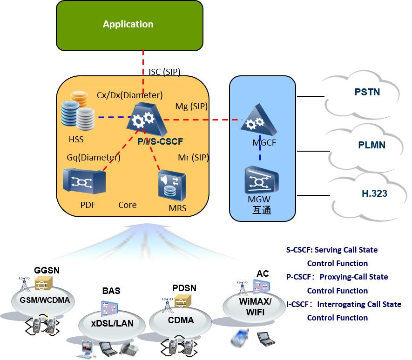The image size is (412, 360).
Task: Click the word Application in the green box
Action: [x=128, y=25]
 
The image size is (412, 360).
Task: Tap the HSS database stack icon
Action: [x=78, y=111]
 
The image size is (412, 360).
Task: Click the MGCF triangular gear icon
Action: [x=258, y=120]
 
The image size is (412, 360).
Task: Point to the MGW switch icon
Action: [x=262, y=180]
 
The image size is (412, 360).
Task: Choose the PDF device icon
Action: [x=84, y=181]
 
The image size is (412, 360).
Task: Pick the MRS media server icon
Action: [x=172, y=185]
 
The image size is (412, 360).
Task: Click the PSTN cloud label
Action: [x=367, y=92]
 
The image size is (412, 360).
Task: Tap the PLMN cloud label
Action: [x=371, y=145]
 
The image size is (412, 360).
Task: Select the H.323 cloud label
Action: [x=374, y=193]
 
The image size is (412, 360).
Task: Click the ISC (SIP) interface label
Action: [x=164, y=72]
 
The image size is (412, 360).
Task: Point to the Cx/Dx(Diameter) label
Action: [x=129, y=95]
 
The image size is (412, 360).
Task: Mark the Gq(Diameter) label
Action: [x=94, y=158]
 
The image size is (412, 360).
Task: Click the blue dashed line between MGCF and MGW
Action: [x=260, y=147]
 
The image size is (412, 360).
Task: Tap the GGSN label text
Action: [x=47, y=270]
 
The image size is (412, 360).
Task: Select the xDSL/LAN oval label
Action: [x=112, y=323]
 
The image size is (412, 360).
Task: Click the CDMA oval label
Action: [x=181, y=320]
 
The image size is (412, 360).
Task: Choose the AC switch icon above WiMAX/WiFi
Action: [x=261, y=287]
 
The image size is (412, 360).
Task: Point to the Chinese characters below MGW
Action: [x=262, y=210]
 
